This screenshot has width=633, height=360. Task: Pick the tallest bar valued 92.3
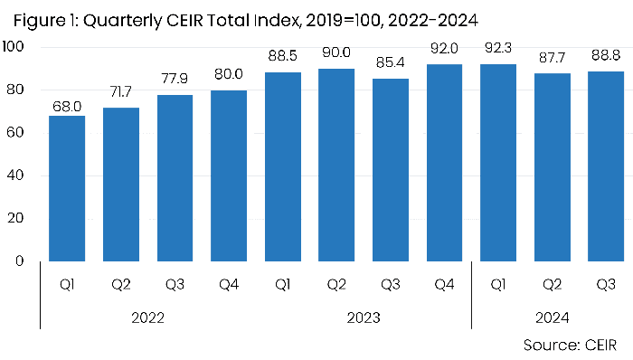point(497,163)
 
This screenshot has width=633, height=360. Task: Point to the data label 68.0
point(66,105)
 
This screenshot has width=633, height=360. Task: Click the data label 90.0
point(335,71)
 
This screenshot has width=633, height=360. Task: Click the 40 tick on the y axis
point(19,175)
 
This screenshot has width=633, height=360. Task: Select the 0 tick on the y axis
point(24,261)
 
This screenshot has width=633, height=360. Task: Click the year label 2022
point(146,317)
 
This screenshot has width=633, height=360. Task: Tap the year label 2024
point(551,317)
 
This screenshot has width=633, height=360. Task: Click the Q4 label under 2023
point(443,286)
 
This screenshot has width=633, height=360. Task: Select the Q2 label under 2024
point(552,286)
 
